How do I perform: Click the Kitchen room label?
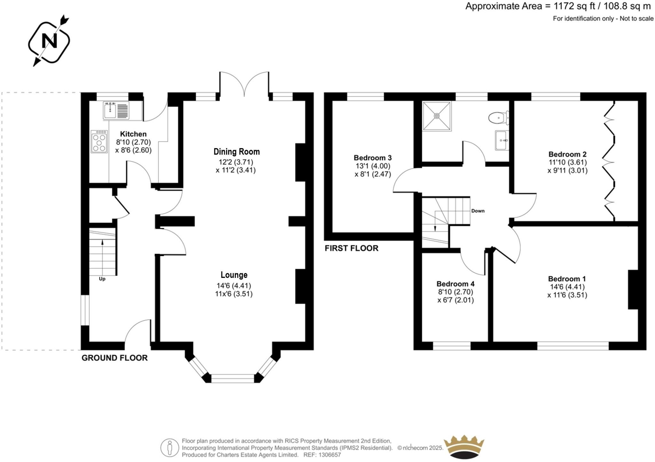click(133, 134)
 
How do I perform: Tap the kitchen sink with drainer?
click(116, 111)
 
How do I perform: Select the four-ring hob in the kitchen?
click(99, 141)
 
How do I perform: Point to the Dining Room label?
click(237, 152)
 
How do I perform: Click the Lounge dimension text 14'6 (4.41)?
click(234, 286)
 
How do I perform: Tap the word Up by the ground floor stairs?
click(102, 279)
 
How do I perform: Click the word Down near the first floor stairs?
click(478, 211)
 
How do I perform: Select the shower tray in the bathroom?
click(437, 116)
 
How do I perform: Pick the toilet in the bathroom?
click(499, 118)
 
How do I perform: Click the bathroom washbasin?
click(502, 140)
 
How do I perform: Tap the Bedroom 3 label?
click(373, 158)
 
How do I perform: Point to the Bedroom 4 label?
click(455, 284)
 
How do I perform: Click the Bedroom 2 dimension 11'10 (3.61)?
click(568, 162)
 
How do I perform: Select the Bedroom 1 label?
click(567, 279)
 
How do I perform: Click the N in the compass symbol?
click(50, 41)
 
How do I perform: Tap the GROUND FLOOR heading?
click(114, 358)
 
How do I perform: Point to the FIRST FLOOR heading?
click(351, 248)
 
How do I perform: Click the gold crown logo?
click(464, 447)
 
